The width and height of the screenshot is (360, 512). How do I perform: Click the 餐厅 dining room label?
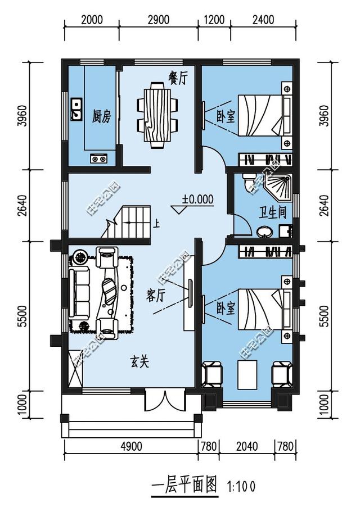pyautogui.click(x=177, y=79)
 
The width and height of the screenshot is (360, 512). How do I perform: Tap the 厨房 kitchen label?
pyautogui.click(x=101, y=116)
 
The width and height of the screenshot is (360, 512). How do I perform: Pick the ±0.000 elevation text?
pyautogui.click(x=197, y=198)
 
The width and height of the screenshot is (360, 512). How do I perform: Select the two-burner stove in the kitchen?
pyautogui.click(x=99, y=159)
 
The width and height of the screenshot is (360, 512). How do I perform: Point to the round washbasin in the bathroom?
pyautogui.click(x=263, y=232)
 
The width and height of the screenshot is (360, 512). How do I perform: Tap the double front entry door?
pyautogui.click(x=164, y=400)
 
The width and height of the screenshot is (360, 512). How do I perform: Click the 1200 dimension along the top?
pyautogui.click(x=214, y=20)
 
